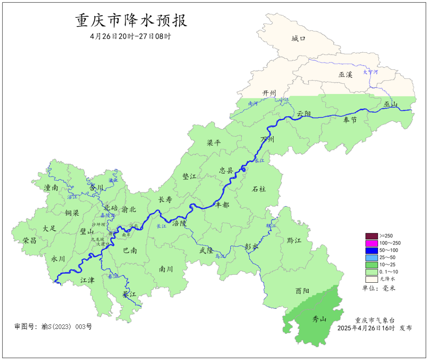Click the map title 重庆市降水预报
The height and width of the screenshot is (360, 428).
pyautogui.click(x=131, y=21)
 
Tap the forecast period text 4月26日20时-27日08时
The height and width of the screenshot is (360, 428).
pyautogui.click(x=130, y=36)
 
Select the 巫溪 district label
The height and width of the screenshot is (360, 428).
pyautogui.click(x=345, y=75)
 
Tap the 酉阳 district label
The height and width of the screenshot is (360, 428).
pyautogui.click(x=302, y=291)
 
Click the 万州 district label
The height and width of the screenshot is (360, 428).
pyautogui.click(x=267, y=139)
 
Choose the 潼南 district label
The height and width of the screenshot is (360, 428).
pyautogui.click(x=51, y=188)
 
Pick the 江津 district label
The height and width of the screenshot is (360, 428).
pyautogui.click(x=87, y=280)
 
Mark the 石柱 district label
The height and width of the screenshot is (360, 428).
pyautogui.click(x=259, y=189)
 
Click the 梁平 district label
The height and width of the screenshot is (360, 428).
pyautogui.click(x=214, y=143)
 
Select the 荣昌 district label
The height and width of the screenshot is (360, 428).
pyautogui.click(x=29, y=240)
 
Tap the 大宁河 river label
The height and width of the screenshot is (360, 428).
pyautogui.click(x=371, y=72)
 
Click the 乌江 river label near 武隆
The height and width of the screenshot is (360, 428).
pyautogui.click(x=220, y=257)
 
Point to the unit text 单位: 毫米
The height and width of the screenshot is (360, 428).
pyautogui.click(x=379, y=288)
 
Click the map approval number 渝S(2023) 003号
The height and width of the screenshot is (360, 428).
pyautogui.click(x=53, y=327)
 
